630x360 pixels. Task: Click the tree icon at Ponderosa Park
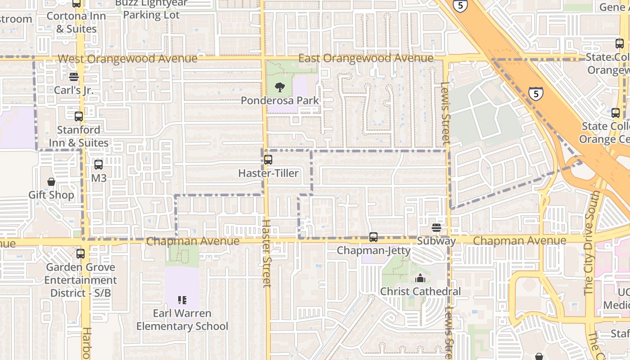[279, 86]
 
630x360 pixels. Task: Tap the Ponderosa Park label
[279, 100]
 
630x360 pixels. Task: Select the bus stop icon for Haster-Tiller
[268, 159]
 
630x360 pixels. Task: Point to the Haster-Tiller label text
[268, 173]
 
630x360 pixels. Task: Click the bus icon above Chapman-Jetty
[373, 237]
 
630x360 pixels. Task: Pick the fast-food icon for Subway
[436, 228]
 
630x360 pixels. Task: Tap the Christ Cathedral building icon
[420, 278]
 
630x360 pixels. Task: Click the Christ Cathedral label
[420, 292]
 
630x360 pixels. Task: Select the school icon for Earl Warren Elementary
[182, 300]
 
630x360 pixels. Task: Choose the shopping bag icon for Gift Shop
[51, 182]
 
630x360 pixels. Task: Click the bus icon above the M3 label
[99, 165]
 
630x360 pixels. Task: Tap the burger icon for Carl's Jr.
[74, 77]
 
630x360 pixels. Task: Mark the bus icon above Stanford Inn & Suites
[79, 117]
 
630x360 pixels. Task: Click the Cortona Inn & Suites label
[76, 22]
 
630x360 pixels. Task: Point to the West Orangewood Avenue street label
[127, 59]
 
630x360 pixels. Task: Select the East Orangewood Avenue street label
[366, 58]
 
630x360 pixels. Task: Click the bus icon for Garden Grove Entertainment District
[81, 254]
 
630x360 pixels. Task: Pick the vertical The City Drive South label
[592, 243]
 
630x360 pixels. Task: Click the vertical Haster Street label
[266, 253]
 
